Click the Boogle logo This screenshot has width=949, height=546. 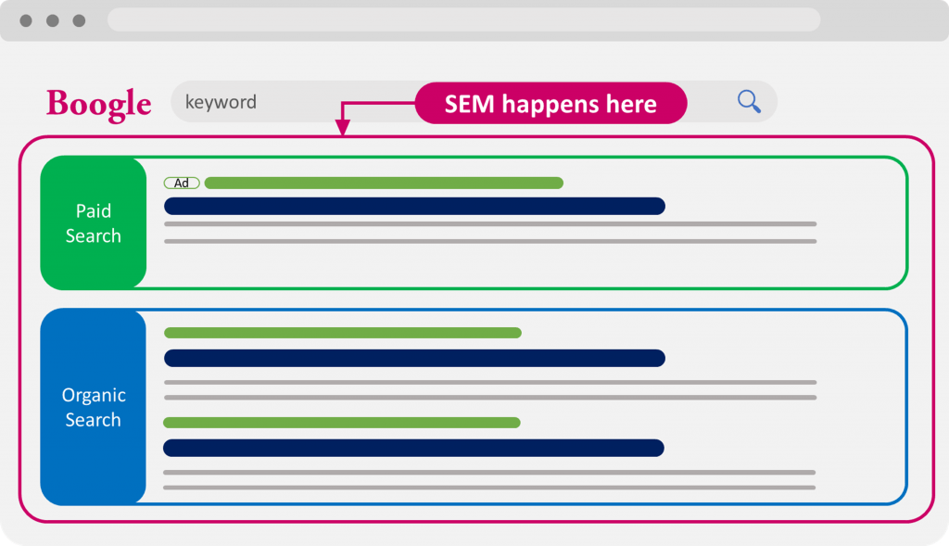pos(98,104)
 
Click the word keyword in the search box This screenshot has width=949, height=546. pos(221,102)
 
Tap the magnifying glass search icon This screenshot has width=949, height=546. pos(749,101)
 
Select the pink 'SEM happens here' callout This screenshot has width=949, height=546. pos(550,104)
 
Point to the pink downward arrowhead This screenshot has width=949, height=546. pos(343,126)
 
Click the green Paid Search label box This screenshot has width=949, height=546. pos(94,222)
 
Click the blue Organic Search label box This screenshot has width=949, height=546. pos(94,407)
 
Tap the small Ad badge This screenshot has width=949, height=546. pos(182,183)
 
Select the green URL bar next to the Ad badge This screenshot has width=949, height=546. pos(384,183)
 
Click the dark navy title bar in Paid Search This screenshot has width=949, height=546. pos(414,206)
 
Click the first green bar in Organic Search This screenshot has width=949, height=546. pos(343,333)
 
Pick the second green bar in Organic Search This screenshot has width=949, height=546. pos(342,423)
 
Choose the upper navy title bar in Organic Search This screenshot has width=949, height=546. pos(414,359)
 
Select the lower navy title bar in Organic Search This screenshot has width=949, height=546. pos(414,448)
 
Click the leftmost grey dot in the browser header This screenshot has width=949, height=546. pos(26,21)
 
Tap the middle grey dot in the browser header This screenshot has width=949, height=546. pos(53,21)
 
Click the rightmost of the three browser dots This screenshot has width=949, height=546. pos(80,21)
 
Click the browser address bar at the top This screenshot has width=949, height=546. pos(464,20)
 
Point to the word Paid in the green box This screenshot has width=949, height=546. pos(94,210)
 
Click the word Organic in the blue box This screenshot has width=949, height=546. pos(94,396)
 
